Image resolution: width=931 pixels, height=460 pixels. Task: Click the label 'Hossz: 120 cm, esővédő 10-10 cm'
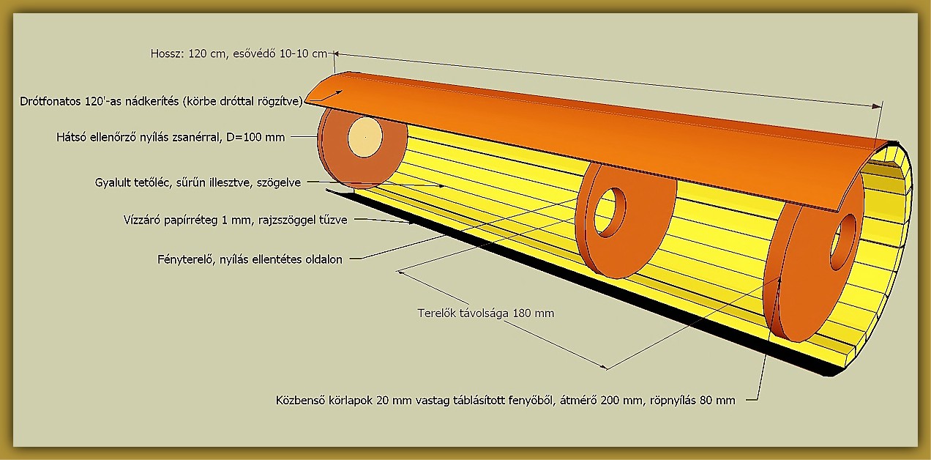click(x=239, y=54)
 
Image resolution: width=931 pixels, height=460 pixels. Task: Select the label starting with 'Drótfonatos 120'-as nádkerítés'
click(x=161, y=102)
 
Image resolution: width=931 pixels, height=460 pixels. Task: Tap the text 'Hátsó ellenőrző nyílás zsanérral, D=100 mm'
click(x=171, y=137)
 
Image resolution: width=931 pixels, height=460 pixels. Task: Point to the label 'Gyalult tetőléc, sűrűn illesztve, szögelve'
click(x=198, y=182)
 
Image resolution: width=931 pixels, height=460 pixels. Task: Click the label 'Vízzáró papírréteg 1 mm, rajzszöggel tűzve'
click(x=235, y=220)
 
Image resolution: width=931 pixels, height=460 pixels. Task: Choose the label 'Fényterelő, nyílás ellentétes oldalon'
click(x=250, y=259)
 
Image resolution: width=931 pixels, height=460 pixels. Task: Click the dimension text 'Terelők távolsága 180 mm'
click(x=486, y=313)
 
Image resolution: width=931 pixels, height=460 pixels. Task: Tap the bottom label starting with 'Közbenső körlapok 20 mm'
click(x=506, y=400)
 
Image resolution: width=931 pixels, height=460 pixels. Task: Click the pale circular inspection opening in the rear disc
click(x=365, y=137)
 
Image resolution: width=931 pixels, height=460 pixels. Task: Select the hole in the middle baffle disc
click(x=610, y=212)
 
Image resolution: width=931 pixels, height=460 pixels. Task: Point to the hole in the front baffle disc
click(x=843, y=242)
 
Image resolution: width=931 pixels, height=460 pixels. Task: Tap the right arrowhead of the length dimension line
click(x=877, y=106)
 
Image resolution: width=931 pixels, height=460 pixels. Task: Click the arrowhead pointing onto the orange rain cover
click(x=339, y=92)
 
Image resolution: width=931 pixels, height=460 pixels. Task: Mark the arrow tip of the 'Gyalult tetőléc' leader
click(x=443, y=186)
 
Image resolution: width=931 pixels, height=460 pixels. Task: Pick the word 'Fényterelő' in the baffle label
click(x=185, y=259)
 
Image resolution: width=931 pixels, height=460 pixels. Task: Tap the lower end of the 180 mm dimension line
click(x=607, y=368)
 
